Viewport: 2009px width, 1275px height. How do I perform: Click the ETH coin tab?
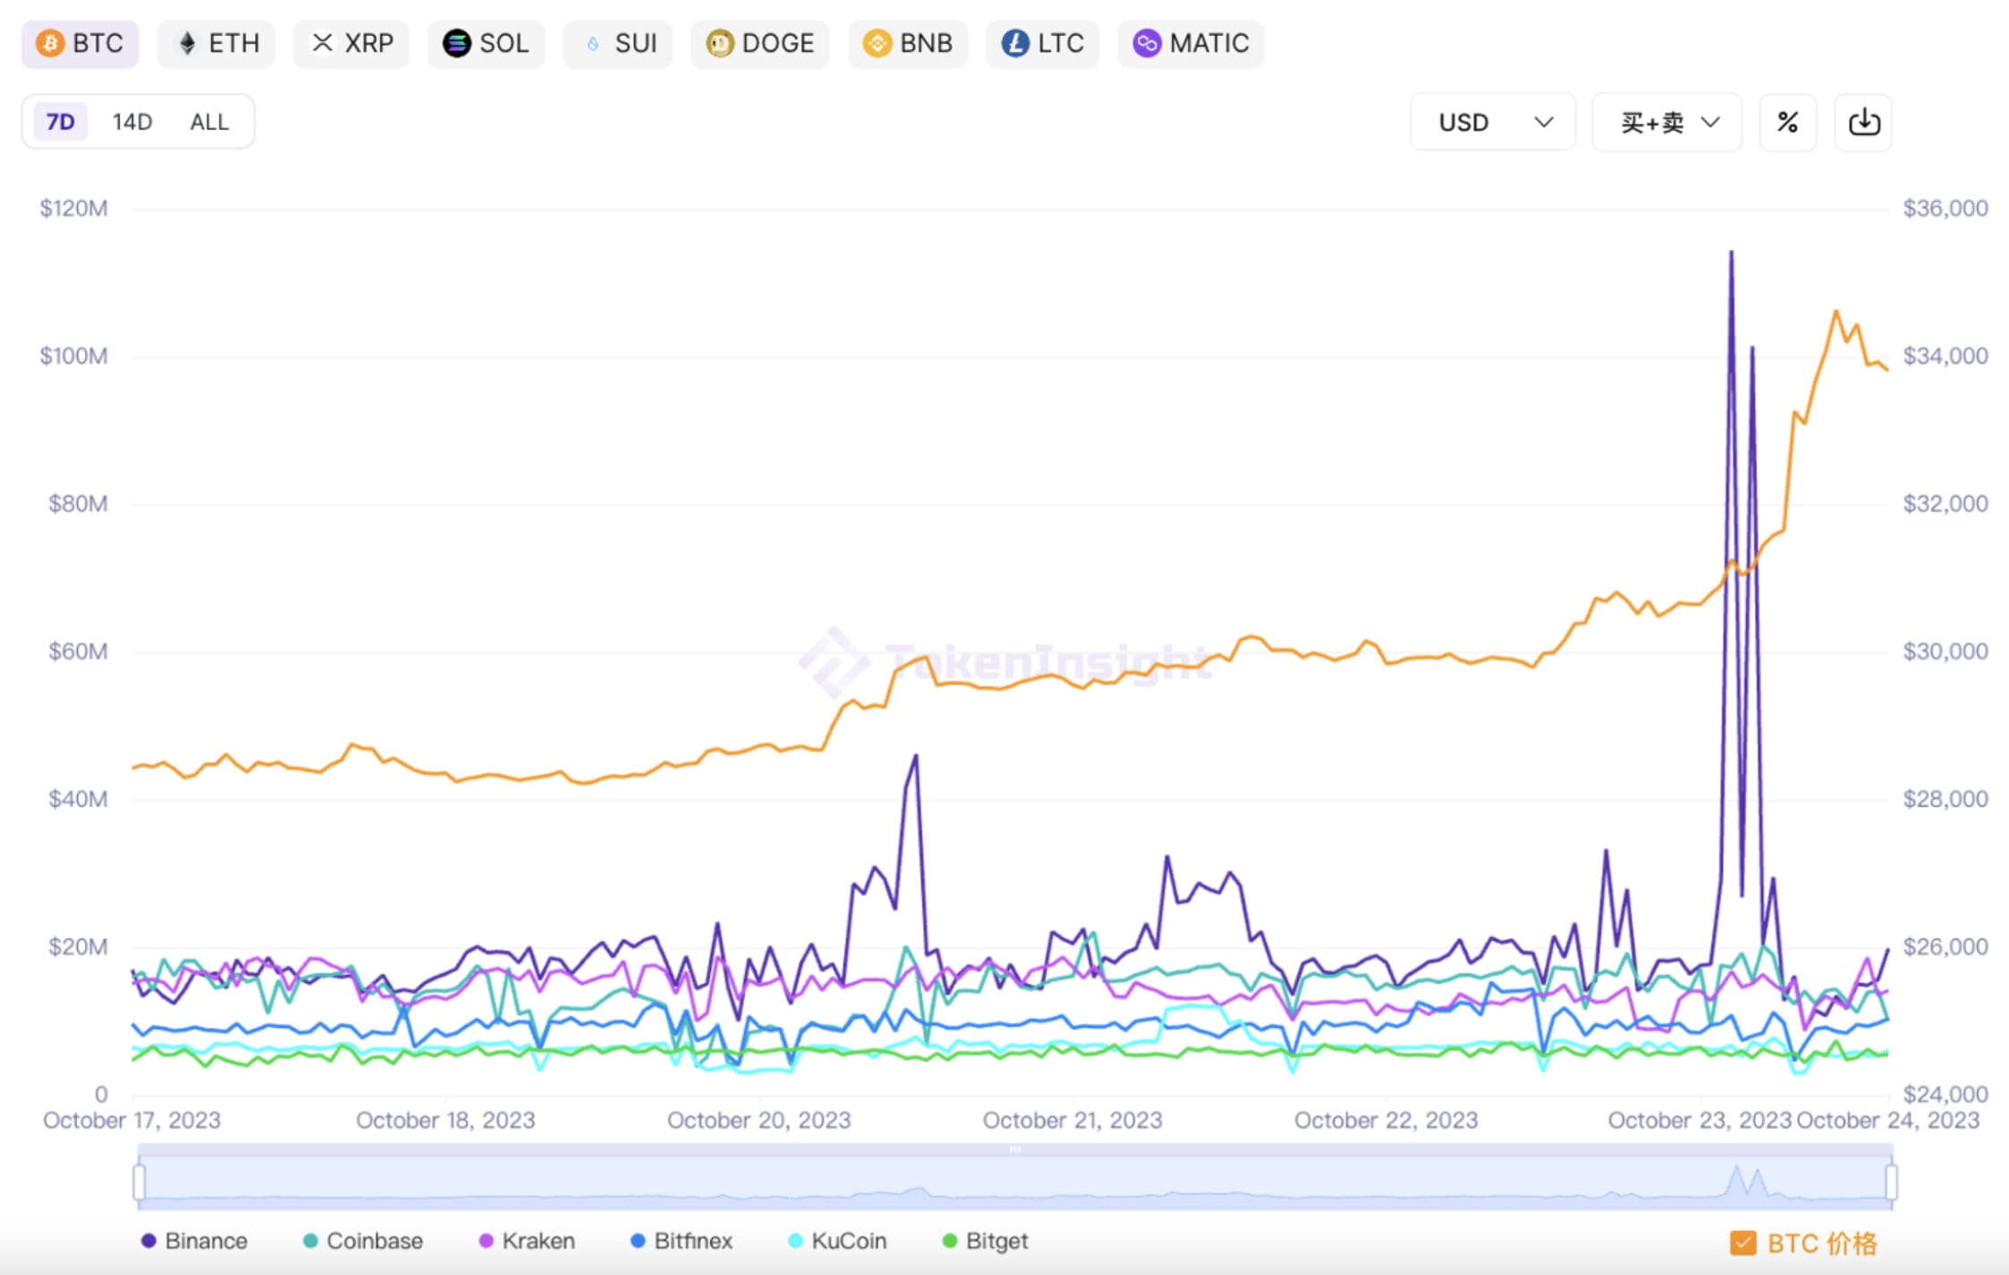coord(216,43)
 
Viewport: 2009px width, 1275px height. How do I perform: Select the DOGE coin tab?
coord(759,43)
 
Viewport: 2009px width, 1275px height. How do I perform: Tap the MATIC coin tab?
coord(1191,43)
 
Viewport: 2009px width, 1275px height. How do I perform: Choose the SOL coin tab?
coord(486,43)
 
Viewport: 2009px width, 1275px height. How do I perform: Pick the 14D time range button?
coord(131,122)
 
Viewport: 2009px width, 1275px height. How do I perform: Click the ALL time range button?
coord(209,122)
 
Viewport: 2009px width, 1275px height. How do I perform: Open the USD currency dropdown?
coord(1492,122)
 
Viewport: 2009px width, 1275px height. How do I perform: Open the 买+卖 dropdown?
coord(1667,122)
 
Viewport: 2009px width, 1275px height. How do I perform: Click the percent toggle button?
coord(1787,122)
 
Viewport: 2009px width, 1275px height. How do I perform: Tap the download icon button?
coord(1863,122)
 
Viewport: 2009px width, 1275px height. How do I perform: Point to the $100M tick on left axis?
coord(73,356)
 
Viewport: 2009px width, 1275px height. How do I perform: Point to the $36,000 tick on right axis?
coord(1945,208)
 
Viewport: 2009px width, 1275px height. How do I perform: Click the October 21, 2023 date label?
coord(1072,1120)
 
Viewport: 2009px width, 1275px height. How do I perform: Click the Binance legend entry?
coord(194,1241)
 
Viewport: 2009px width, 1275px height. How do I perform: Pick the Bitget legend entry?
coord(986,1241)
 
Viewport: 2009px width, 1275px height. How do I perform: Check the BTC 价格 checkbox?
coord(1742,1243)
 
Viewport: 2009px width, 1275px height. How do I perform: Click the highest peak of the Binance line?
coord(1731,252)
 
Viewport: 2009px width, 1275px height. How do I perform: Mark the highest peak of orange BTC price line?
coord(1836,311)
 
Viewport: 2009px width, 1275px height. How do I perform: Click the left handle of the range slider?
coord(140,1181)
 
